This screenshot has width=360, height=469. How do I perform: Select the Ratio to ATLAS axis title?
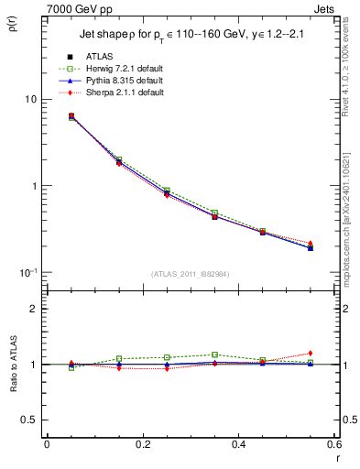13,365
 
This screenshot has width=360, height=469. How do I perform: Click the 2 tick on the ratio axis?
33,309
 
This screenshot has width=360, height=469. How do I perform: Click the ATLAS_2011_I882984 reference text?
190,274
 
